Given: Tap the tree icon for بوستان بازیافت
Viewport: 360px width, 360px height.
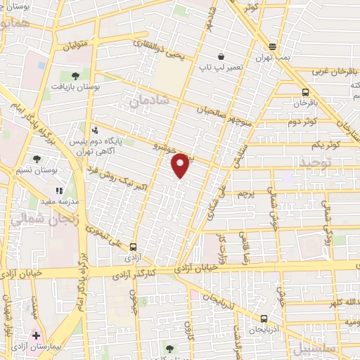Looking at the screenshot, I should click(75, 75).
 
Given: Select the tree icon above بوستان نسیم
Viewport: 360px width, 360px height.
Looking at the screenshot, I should click(37, 160).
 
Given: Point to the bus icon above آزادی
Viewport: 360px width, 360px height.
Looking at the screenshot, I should click(134, 245).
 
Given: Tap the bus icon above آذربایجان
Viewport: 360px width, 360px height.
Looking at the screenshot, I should click(263, 318).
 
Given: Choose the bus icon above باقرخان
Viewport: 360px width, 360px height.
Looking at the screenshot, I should click(304, 92).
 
